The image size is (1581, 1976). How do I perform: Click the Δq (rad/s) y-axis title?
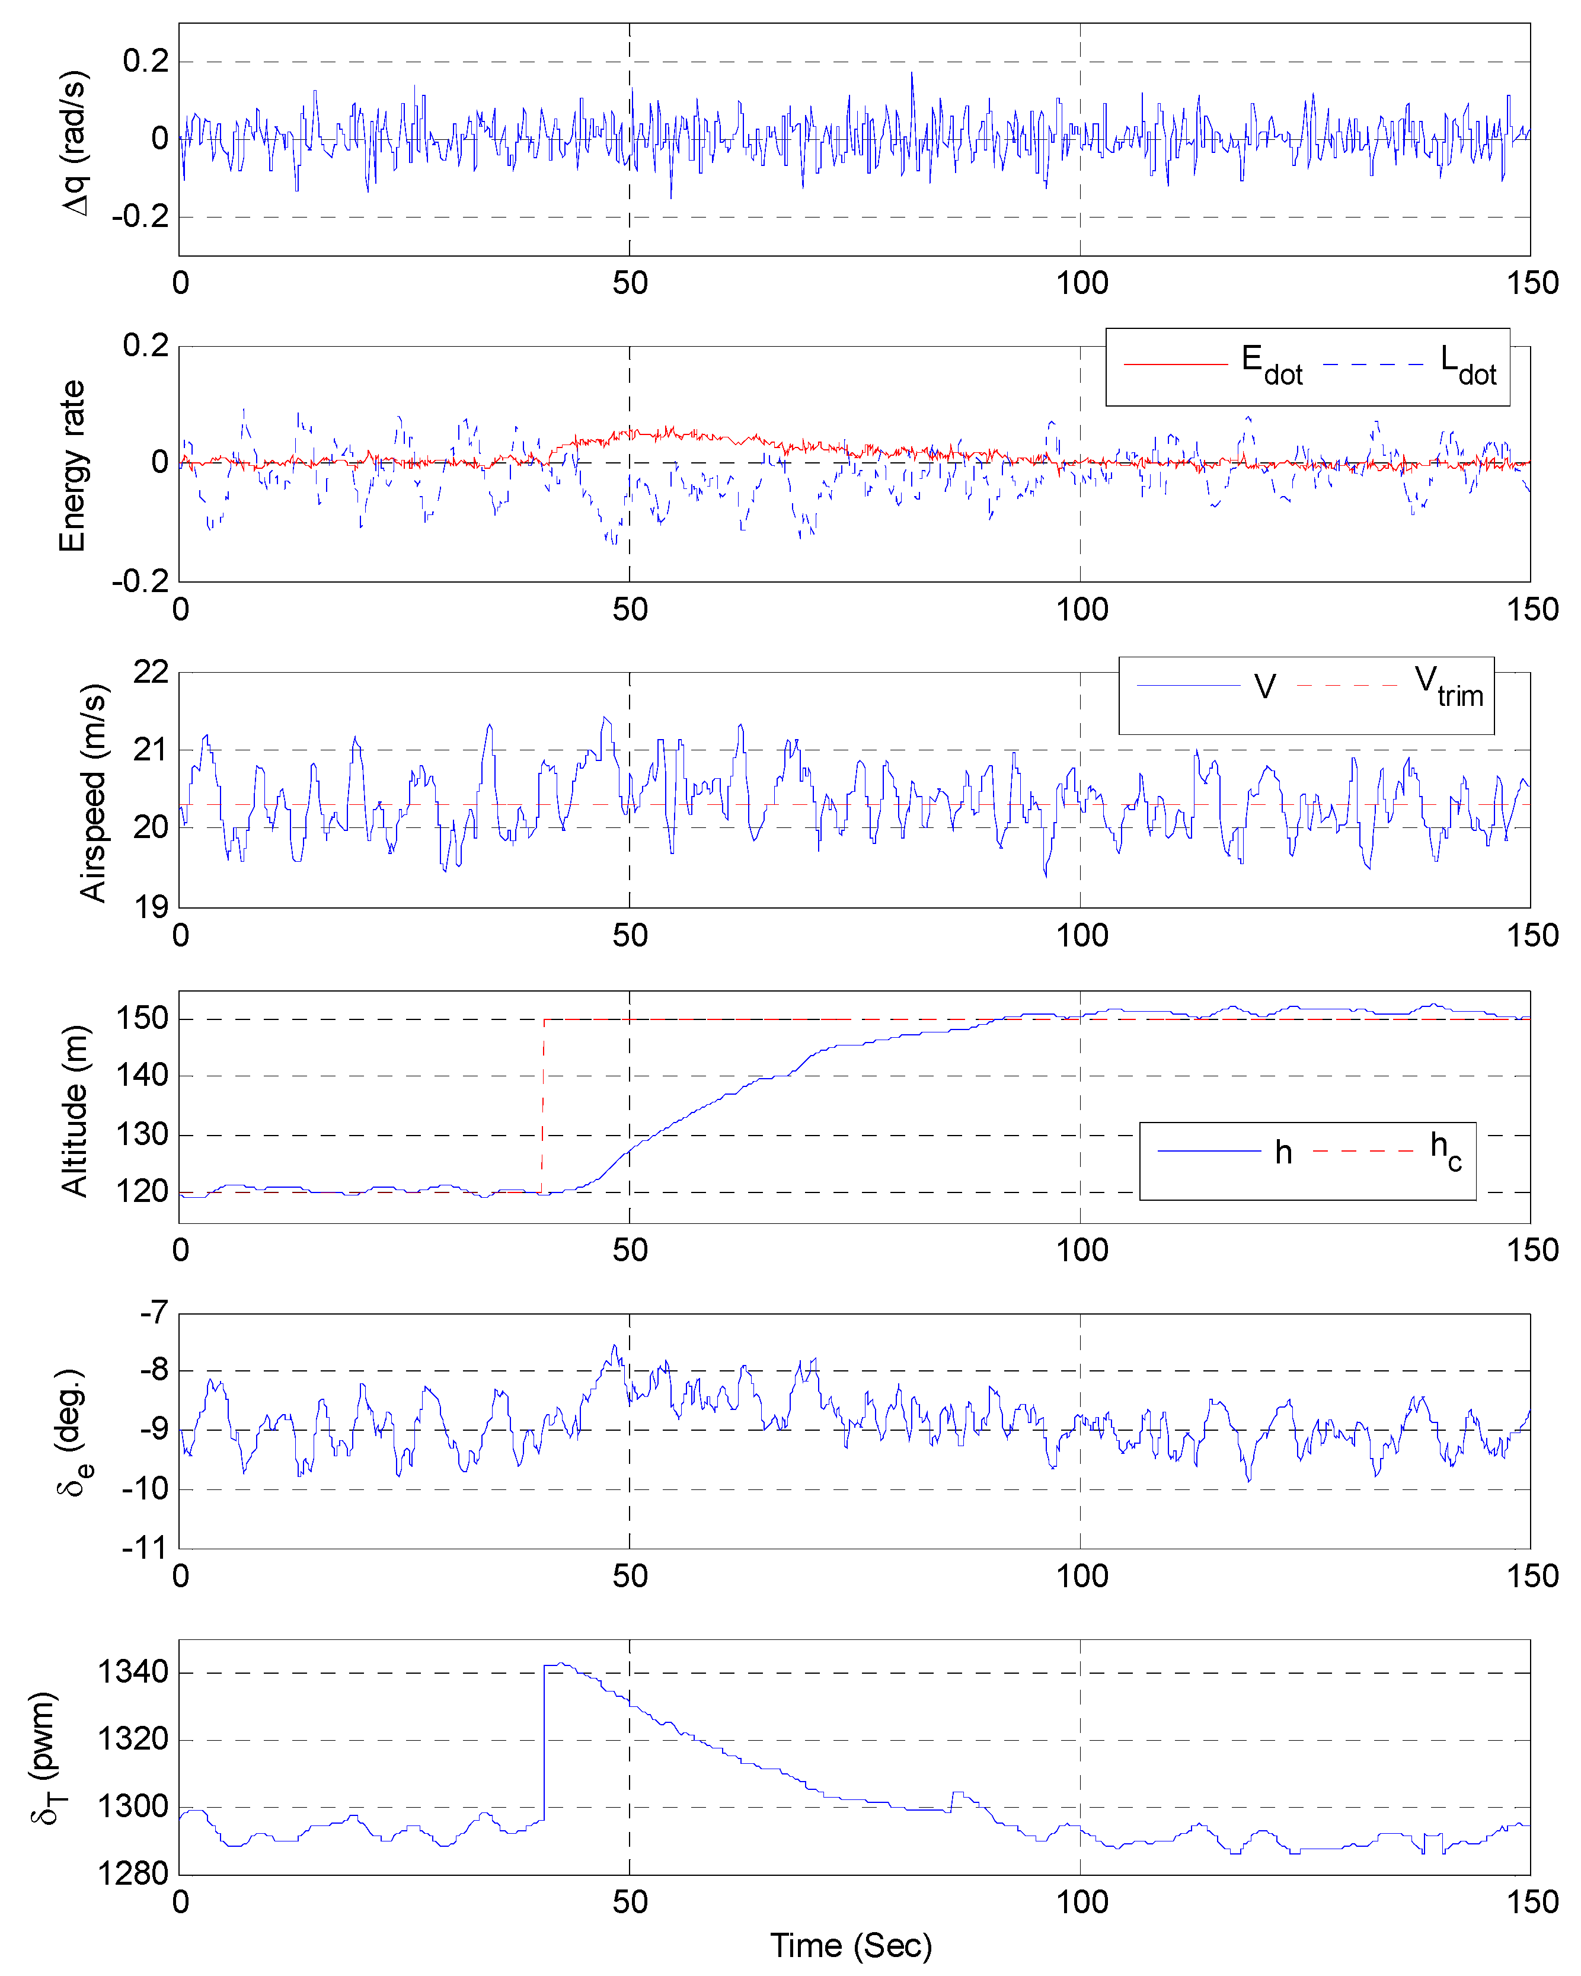[75, 142]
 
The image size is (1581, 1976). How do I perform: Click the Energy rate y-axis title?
[72, 466]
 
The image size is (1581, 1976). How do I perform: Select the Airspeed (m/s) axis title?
[92, 793]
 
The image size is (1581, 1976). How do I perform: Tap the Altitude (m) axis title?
[75, 1110]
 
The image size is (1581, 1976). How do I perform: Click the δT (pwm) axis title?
[44, 1757]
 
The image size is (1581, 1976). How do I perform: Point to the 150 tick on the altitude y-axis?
[142, 1018]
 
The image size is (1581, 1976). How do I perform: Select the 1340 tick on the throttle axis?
[134, 1672]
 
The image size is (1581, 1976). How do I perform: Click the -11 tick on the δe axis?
[146, 1549]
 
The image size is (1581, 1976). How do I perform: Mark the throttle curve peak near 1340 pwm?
[560, 1664]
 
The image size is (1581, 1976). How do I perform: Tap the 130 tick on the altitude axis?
[142, 1134]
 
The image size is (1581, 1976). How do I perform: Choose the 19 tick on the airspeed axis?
[151, 907]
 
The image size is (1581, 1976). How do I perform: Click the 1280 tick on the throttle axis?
[134, 1873]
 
